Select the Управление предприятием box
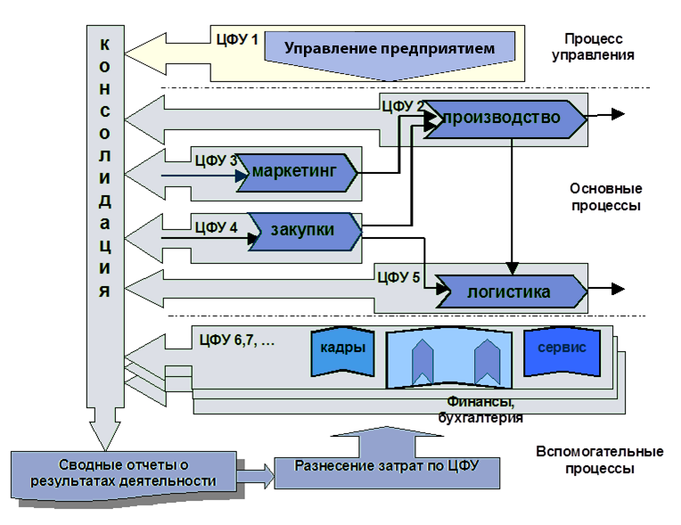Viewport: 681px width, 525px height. [390, 48]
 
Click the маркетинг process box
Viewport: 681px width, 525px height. [297, 171]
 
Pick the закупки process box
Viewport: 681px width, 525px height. [303, 229]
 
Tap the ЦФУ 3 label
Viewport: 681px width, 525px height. [215, 160]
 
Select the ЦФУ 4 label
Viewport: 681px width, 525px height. [215, 226]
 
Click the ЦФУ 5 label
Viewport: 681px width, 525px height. [398, 276]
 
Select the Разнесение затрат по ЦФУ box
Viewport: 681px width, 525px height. [385, 465]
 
